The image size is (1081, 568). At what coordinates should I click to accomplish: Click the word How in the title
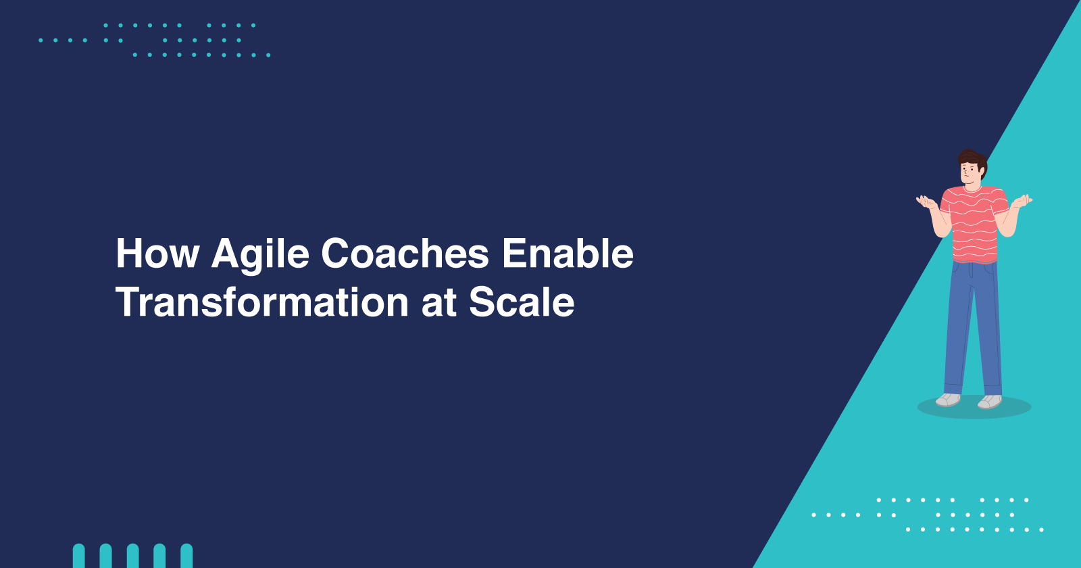157,254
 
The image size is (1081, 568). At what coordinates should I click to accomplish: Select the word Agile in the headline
260,256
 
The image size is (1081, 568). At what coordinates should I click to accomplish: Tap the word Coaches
405,254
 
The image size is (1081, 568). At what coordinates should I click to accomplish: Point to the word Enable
568,254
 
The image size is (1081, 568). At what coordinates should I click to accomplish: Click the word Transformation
262,302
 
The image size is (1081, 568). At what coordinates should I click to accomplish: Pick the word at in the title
439,304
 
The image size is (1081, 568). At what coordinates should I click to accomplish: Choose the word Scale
522,302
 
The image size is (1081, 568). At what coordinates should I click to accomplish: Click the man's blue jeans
973,329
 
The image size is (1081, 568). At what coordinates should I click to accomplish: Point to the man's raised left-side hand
926,202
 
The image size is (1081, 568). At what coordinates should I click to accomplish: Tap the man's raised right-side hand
1023,200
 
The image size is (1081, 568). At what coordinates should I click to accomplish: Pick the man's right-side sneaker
990,402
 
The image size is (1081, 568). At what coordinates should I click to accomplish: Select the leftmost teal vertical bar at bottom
78,556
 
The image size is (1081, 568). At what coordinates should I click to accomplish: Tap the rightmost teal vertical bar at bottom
186,556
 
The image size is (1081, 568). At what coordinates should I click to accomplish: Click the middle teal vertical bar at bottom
132,556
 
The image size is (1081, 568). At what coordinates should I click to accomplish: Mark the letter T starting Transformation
129,302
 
